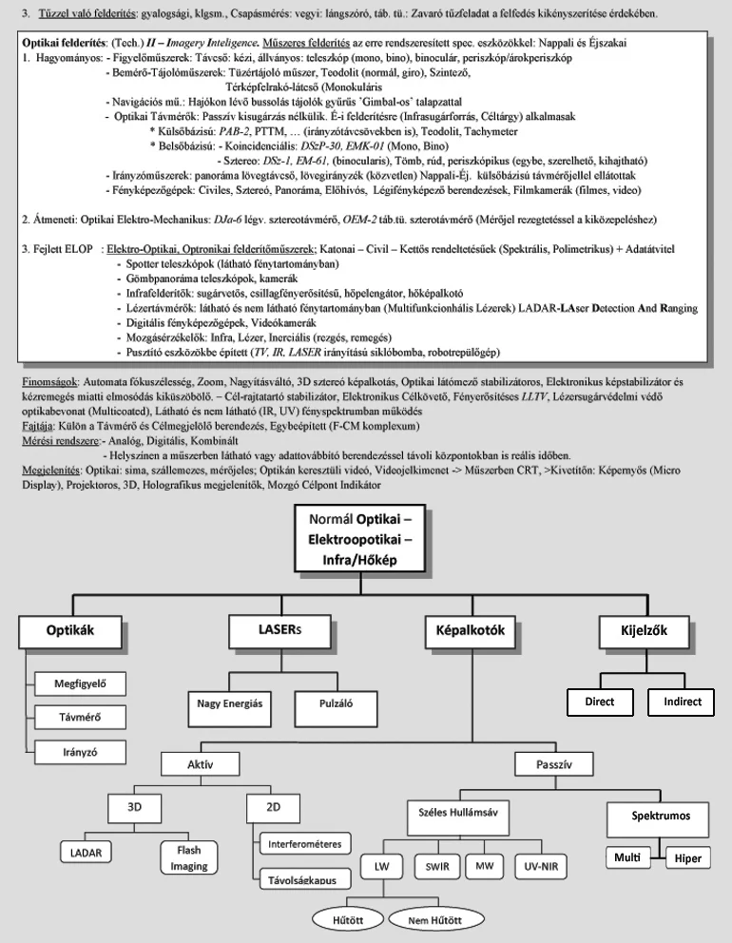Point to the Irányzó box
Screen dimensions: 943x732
(x=81, y=750)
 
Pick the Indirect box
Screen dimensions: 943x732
(x=682, y=702)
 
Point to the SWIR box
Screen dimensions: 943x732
(x=437, y=867)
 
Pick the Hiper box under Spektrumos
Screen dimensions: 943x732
(x=687, y=858)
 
